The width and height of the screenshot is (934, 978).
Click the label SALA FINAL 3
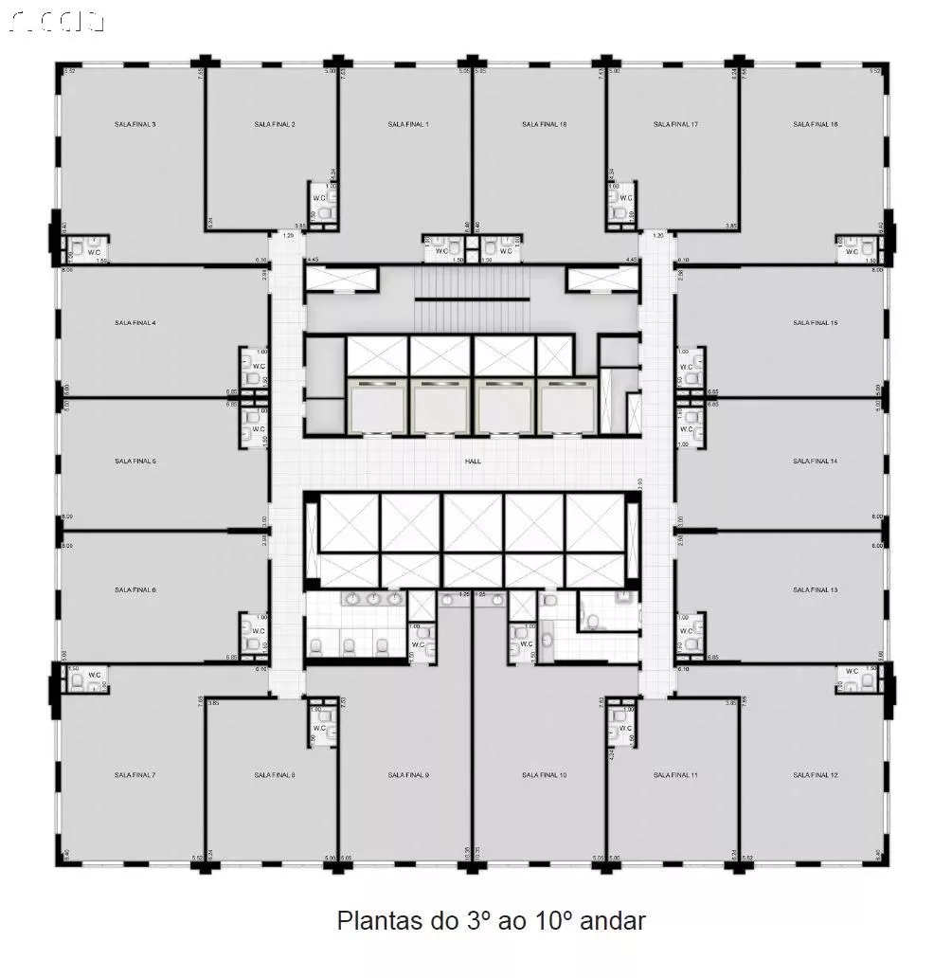point(135,124)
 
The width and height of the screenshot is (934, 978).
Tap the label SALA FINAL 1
point(408,124)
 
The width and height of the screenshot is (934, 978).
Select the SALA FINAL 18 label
point(544,124)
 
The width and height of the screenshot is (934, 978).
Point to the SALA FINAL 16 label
point(815,124)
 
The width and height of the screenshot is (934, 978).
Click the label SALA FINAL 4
point(135,323)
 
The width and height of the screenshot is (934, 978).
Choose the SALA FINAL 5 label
point(135,462)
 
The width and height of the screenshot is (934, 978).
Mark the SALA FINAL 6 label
point(135,589)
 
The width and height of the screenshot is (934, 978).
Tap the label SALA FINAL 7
point(135,775)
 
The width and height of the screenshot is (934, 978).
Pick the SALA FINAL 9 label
point(408,775)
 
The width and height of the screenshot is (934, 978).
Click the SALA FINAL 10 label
point(544,775)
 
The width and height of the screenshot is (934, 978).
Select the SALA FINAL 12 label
point(815,775)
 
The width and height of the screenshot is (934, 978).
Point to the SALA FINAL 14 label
point(815,462)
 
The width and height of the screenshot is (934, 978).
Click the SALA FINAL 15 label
point(815,323)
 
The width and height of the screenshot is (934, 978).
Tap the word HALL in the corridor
point(473,462)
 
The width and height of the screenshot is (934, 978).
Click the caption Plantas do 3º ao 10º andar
point(491,920)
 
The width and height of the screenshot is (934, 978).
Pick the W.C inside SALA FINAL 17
point(626,198)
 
